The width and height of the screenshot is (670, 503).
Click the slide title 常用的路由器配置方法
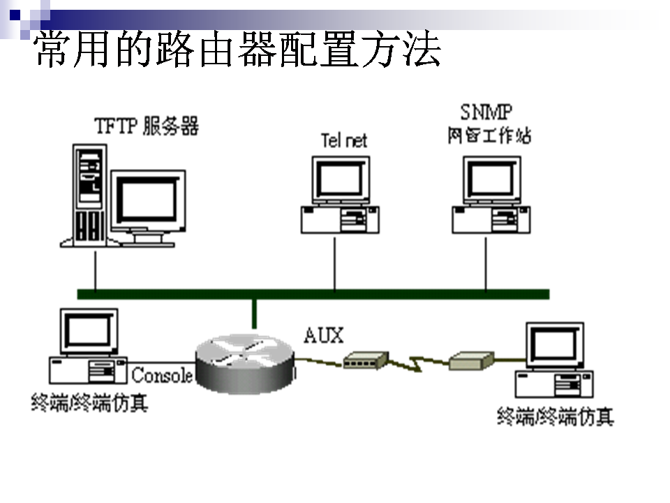(237, 49)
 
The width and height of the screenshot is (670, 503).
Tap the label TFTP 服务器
(147, 126)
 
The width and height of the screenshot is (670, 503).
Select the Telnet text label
(343, 140)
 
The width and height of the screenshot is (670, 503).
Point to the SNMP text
(486, 112)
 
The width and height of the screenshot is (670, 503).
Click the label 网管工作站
(489, 136)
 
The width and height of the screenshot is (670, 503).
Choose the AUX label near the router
(324, 335)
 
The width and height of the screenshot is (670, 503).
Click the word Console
(161, 375)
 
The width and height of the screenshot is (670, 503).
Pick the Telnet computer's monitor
(340, 180)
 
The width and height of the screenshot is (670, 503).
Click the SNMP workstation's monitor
(492, 180)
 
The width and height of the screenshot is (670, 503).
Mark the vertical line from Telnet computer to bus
(334, 262)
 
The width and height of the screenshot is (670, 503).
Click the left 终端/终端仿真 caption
(89, 403)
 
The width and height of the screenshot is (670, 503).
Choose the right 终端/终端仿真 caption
(556, 417)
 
